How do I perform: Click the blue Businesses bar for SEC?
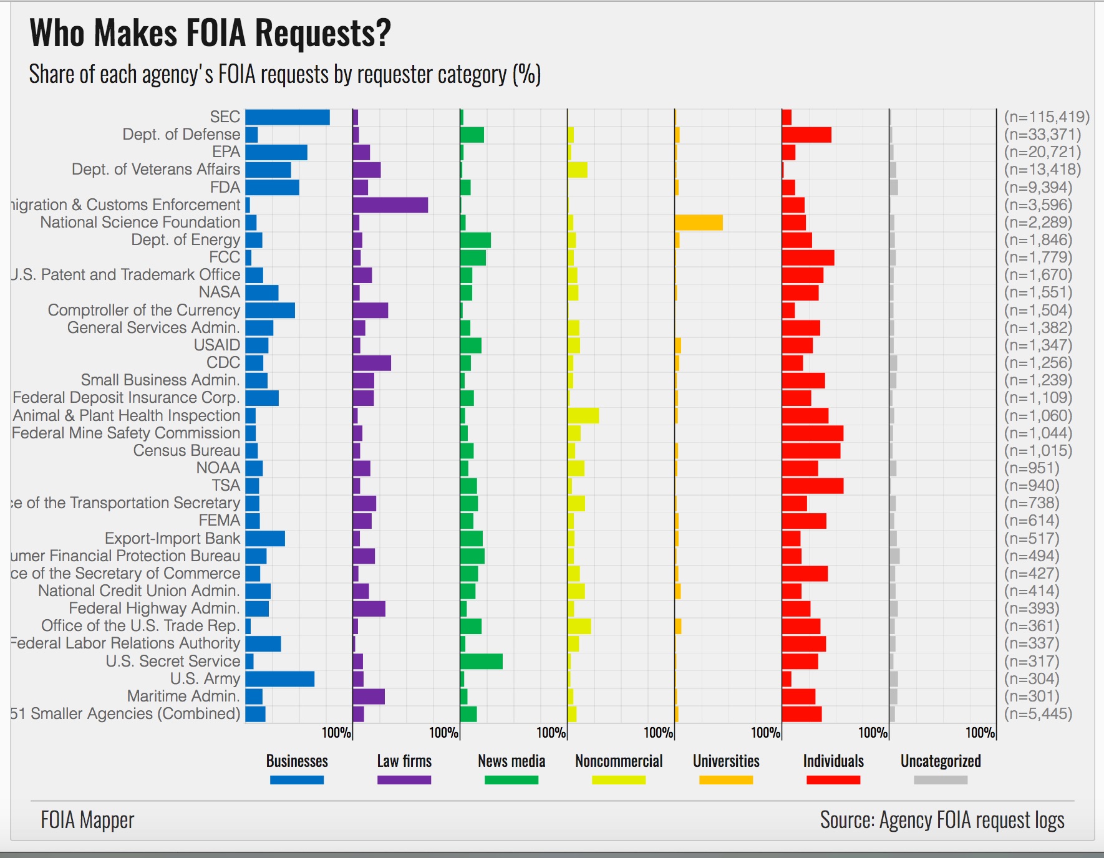[x=288, y=117]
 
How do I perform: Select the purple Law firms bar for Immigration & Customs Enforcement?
[x=390, y=205]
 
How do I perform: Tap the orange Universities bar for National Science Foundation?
[x=699, y=223]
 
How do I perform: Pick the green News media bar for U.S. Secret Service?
[x=481, y=662]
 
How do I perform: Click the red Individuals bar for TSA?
[x=812, y=486]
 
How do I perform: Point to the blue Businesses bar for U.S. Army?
[x=280, y=679]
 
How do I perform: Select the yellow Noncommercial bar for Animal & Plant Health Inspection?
[x=583, y=415]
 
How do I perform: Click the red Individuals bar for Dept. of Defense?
[x=806, y=135]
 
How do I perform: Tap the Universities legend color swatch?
[x=726, y=780]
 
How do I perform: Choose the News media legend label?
[x=511, y=761]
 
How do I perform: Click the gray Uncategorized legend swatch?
[x=941, y=780]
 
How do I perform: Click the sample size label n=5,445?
[x=1038, y=714]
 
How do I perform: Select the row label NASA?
[x=220, y=292]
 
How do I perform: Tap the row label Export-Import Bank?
[x=172, y=538]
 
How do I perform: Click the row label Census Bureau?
[x=186, y=451]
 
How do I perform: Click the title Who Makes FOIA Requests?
[x=210, y=33]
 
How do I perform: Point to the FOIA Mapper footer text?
[x=87, y=820]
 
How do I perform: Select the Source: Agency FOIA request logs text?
[x=942, y=820]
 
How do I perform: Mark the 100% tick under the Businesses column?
[x=337, y=733]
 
